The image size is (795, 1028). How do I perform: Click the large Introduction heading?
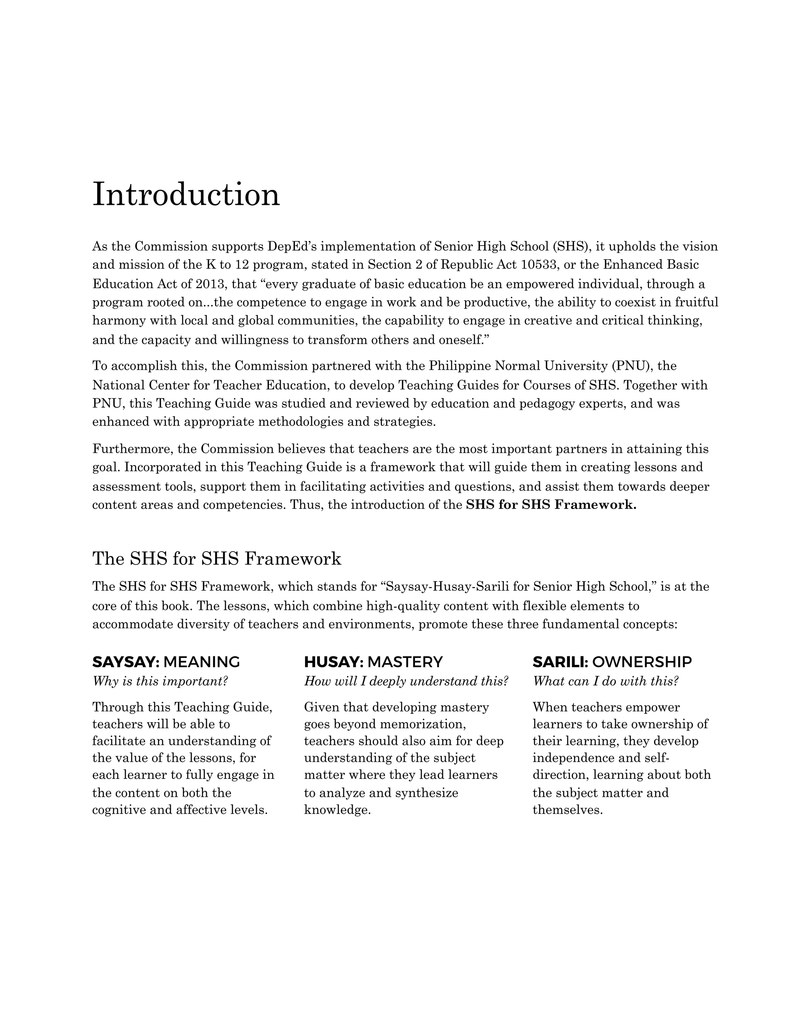click(186, 194)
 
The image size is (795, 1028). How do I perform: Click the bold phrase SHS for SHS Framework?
click(551, 505)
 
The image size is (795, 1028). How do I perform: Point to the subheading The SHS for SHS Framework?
click(217, 559)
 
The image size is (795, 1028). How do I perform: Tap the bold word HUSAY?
click(333, 662)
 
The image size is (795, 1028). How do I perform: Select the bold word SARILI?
click(561, 662)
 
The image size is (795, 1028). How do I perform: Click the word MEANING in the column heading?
click(201, 662)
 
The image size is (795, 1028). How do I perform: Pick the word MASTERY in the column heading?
click(405, 662)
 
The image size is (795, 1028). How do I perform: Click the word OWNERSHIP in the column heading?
click(642, 662)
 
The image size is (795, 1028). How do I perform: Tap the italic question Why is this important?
click(160, 681)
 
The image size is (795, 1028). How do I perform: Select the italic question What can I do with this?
click(606, 681)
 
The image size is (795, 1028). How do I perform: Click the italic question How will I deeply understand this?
click(406, 681)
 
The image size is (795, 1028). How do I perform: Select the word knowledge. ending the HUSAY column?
click(337, 810)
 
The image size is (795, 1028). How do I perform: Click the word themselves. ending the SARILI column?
click(568, 810)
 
